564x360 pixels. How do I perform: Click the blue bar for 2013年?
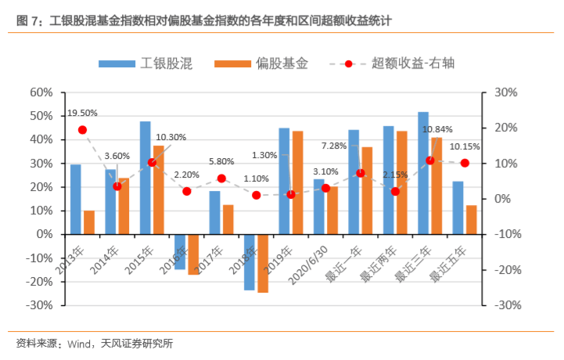click(76, 199)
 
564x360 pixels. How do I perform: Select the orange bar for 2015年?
click(159, 189)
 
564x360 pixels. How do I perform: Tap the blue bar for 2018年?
click(250, 262)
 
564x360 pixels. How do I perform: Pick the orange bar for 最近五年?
click(471, 220)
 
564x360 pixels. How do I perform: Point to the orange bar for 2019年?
click(297, 182)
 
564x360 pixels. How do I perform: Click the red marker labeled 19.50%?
click(82, 130)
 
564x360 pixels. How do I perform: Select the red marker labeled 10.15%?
click(465, 163)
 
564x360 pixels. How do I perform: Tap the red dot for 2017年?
click(221, 178)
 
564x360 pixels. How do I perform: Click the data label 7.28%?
click(334, 146)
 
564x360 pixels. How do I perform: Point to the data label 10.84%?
click(437, 129)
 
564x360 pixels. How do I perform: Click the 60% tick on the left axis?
click(41, 92)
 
